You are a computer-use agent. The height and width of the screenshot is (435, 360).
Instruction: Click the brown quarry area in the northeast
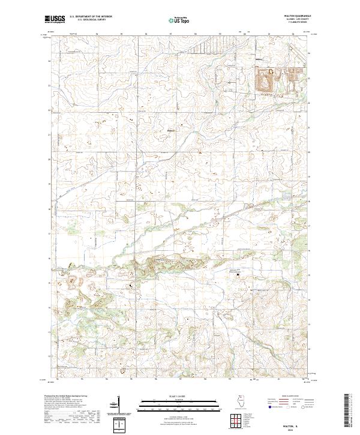click(264, 80)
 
